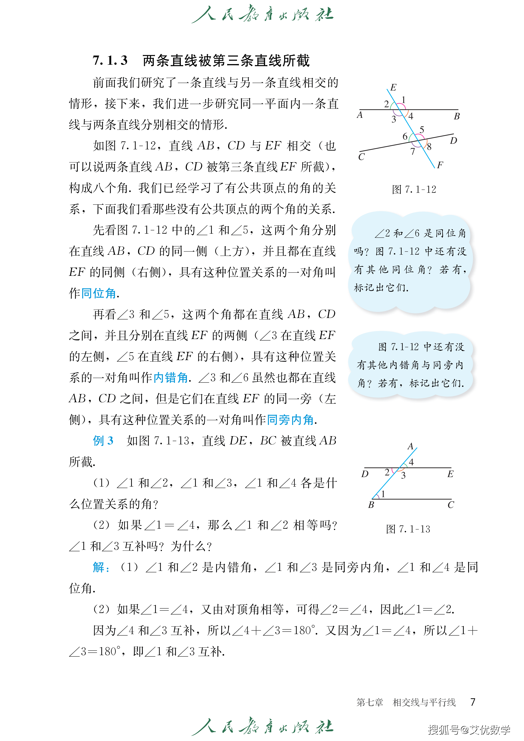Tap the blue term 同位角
[98, 293]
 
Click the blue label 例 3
[103, 441]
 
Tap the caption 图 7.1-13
[408, 529]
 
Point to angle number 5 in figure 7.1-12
[422, 130]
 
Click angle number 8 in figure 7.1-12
[429, 147]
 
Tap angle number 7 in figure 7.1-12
[413, 151]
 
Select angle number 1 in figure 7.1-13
[383, 494]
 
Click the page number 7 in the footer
[473, 702]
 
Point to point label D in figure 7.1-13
[365, 474]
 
